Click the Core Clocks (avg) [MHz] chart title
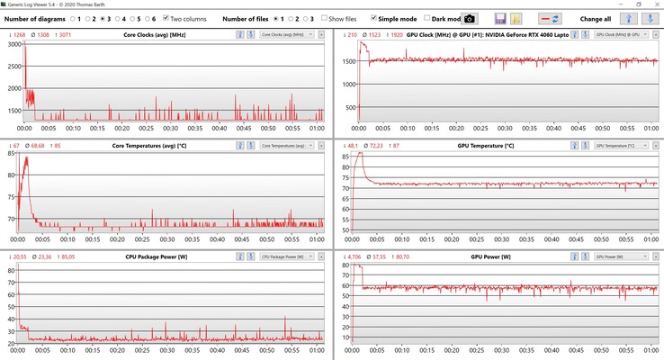tap(162, 34)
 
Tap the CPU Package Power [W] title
tap(162, 256)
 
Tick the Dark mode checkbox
tap(427, 18)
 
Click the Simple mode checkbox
tap(373, 18)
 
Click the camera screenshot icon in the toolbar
tap(469, 18)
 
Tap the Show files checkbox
tap(323, 18)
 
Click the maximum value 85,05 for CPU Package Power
tap(65, 256)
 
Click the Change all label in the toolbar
tap(597, 18)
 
